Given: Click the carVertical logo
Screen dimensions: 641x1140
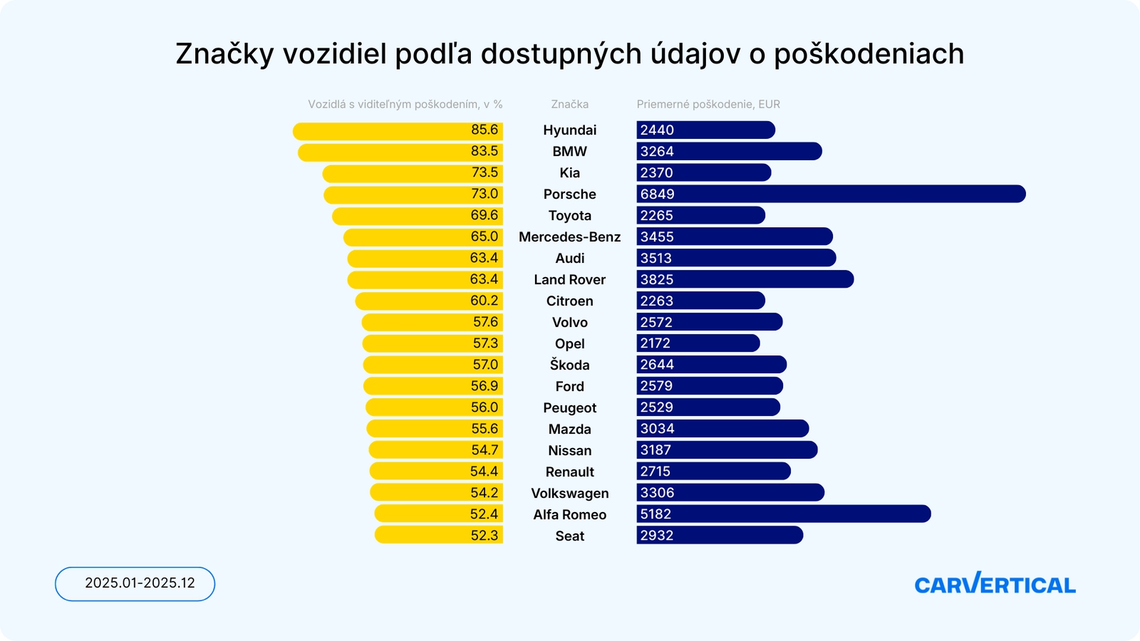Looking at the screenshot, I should [995, 584].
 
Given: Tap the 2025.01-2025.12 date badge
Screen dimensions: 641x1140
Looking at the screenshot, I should [135, 583].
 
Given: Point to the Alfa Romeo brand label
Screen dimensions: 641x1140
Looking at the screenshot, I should [569, 514].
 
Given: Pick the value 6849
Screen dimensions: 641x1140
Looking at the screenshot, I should [657, 194].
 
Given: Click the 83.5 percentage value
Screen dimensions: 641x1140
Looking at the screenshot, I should [484, 151].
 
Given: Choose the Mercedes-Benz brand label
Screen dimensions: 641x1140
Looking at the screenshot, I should [569, 236].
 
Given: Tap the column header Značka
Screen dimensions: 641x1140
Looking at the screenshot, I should [569, 104].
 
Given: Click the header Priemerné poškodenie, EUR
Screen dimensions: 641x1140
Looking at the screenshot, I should [708, 104].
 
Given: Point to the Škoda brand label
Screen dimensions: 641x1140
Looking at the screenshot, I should [569, 365].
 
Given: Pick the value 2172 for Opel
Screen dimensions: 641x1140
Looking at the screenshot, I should [655, 343].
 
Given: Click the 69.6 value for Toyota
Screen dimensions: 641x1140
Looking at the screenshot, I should [484, 215].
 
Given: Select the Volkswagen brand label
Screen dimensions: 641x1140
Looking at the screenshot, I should [569, 493].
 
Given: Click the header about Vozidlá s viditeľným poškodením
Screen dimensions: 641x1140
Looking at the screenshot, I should [405, 104].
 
